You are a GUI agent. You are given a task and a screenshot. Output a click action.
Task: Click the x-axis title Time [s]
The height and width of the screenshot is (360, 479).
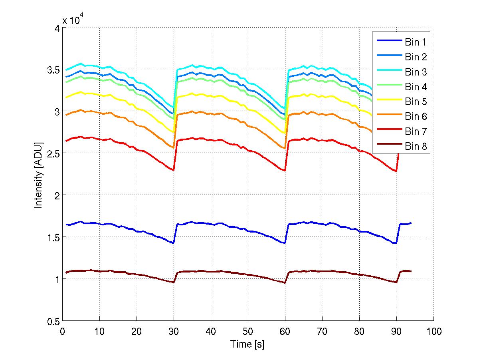247,344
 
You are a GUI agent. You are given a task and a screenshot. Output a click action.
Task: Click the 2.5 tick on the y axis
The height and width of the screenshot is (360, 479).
52,153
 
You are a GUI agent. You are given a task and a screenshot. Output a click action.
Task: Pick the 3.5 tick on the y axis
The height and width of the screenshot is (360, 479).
52,70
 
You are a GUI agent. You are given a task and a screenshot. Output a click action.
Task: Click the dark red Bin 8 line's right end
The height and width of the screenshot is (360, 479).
411,271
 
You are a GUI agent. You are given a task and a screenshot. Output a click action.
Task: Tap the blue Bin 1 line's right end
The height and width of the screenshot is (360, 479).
411,223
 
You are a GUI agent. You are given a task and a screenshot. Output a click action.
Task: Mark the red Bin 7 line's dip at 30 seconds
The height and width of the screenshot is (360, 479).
174,170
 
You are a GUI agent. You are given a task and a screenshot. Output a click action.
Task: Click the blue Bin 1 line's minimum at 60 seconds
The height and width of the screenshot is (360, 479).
285,243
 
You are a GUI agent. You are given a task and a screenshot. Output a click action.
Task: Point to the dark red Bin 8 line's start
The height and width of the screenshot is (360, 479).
66,272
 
